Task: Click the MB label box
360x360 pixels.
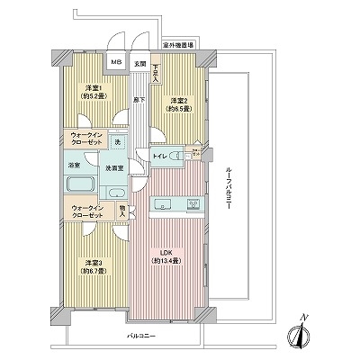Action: coord(116,63)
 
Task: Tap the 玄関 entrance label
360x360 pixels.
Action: coord(139,63)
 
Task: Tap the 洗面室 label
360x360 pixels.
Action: coord(114,169)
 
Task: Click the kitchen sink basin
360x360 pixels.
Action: coord(193,205)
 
